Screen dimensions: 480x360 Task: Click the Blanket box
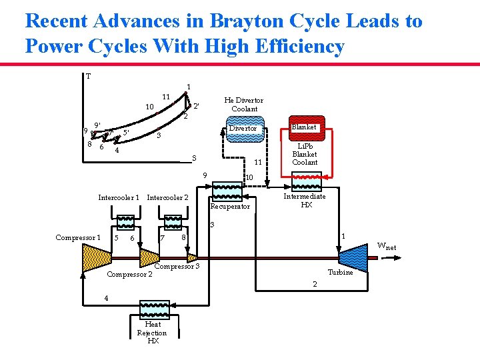(304, 127)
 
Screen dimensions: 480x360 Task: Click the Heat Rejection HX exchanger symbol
(154, 309)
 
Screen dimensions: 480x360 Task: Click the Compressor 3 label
(177, 267)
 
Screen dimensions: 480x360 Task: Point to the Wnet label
(387, 246)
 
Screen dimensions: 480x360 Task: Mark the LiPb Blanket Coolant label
(305, 154)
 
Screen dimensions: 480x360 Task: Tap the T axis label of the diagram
(88, 76)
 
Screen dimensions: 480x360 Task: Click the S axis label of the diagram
(194, 158)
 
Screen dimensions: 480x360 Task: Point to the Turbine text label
(340, 272)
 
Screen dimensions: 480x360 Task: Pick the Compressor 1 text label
(78, 237)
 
